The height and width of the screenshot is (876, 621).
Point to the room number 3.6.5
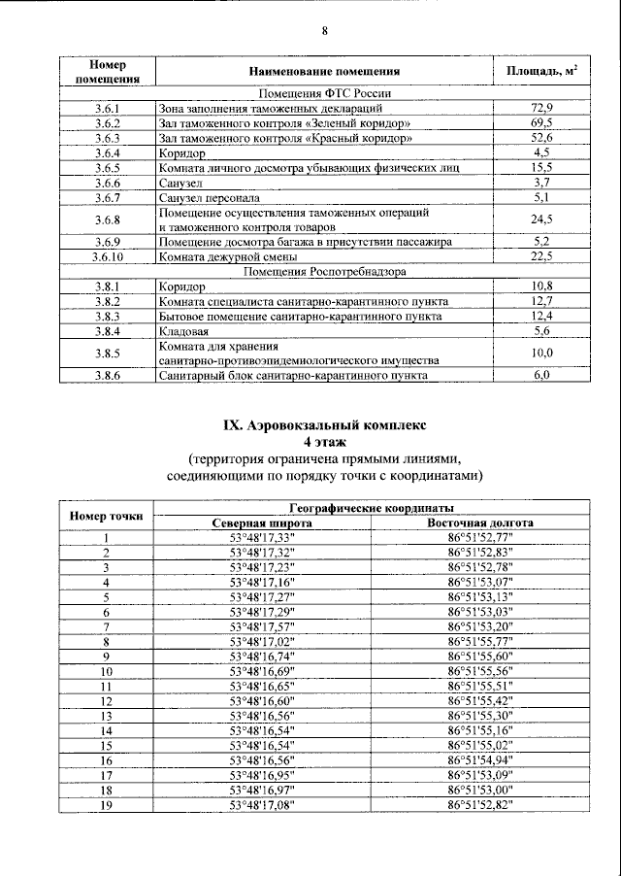coord(107,167)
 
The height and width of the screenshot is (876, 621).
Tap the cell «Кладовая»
coord(179,332)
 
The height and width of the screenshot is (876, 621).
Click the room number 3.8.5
coord(107,354)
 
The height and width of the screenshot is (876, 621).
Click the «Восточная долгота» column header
coord(479,522)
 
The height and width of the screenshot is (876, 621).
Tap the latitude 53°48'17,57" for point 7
coord(261,626)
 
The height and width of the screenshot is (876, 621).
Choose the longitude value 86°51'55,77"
coord(479,641)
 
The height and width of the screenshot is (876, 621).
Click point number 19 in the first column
coord(107,806)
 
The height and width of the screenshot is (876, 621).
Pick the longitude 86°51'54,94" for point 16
coord(479,760)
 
